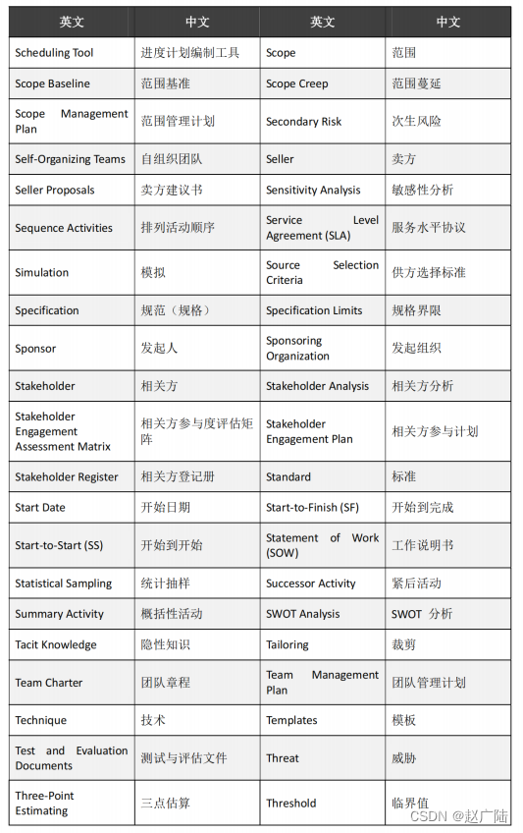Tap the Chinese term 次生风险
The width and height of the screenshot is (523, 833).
[x=416, y=122]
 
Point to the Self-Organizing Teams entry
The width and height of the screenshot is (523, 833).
[x=71, y=159]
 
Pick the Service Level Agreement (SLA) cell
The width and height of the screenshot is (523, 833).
[x=322, y=228]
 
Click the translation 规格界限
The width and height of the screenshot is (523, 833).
[x=416, y=311]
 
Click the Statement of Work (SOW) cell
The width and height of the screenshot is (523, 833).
[x=322, y=545]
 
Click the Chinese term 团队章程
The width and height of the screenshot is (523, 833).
[x=166, y=683]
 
